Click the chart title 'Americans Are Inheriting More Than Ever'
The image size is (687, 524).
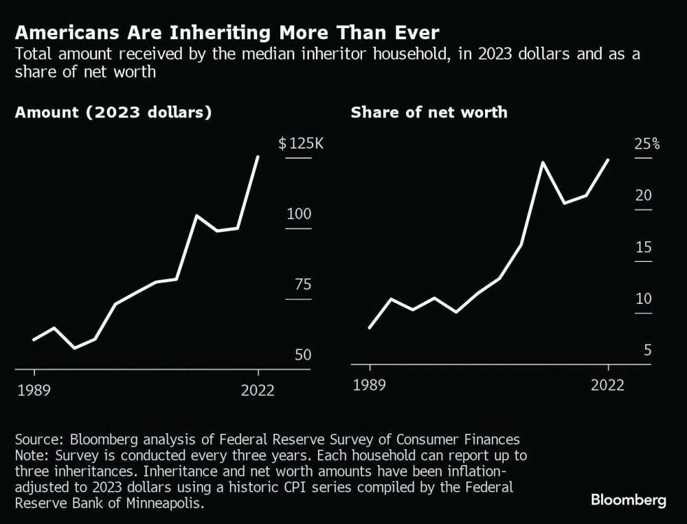pyautogui.click(x=227, y=32)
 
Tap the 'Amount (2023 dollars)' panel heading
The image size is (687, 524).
pyautogui.click(x=113, y=113)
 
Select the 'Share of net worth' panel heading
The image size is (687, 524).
pyautogui.click(x=429, y=113)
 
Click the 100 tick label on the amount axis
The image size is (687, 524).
pyautogui.click(x=299, y=214)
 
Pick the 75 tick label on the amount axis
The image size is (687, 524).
pyautogui.click(x=299, y=285)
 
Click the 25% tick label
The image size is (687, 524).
pyautogui.click(x=646, y=144)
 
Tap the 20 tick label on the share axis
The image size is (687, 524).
pyautogui.click(x=643, y=196)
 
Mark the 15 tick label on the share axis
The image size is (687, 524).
pyautogui.click(x=643, y=248)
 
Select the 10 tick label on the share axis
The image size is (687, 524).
pyautogui.click(x=643, y=299)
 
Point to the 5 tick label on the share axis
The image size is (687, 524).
pyautogui.click(x=647, y=351)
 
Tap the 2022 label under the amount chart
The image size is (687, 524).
pyautogui.click(x=258, y=391)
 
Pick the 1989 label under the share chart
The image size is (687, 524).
pyautogui.click(x=370, y=384)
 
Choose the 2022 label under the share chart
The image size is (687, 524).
pyautogui.click(x=608, y=384)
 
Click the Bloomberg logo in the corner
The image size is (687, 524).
pyautogui.click(x=628, y=501)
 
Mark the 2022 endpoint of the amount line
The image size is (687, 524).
pyautogui.click(x=258, y=157)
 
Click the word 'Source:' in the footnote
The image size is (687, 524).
pyautogui.click(x=40, y=439)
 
